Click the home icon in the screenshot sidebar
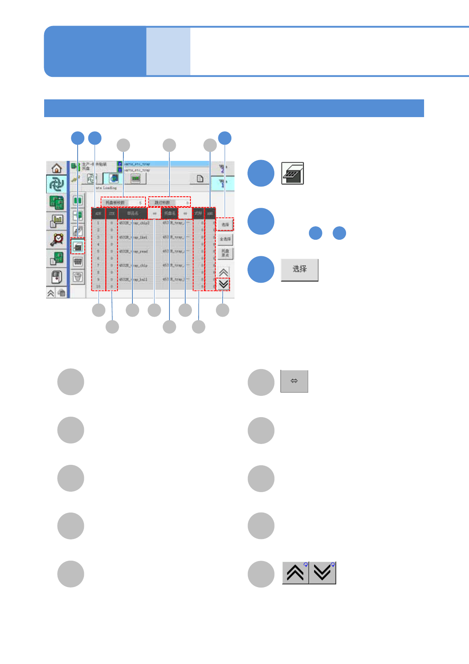click(57, 168)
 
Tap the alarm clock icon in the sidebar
click(57, 239)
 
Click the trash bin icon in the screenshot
click(78, 277)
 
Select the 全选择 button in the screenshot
click(225, 239)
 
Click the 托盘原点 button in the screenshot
click(225, 253)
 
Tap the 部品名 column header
click(133, 213)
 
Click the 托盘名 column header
click(169, 213)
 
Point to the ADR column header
click(98, 213)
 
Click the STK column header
click(112, 213)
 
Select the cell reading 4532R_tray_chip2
click(134, 223)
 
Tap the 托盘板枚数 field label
click(115, 203)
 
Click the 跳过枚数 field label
click(162, 203)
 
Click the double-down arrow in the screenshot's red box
click(223, 284)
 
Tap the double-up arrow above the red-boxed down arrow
click(223, 272)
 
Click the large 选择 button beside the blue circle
click(300, 270)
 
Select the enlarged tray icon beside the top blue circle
click(292, 173)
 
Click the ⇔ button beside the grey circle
click(294, 381)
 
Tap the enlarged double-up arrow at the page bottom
click(295, 573)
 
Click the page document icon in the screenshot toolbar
click(200, 179)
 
